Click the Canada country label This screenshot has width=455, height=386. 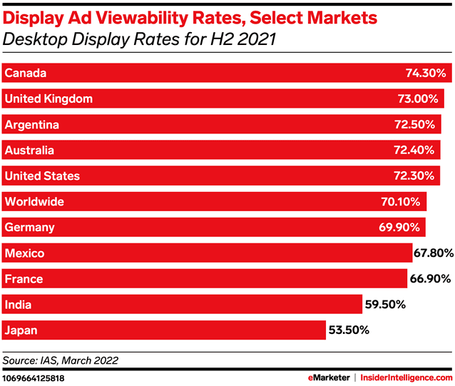tap(26, 73)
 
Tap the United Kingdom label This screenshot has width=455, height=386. tap(48, 98)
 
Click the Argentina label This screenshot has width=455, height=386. tap(31, 125)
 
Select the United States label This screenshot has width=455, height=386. tap(42, 176)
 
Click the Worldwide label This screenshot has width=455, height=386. tap(34, 202)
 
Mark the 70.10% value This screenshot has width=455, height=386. tap(401, 202)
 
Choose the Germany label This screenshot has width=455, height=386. tap(29, 228)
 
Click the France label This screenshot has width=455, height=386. tap(24, 279)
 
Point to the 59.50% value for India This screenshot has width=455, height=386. tap(386, 305)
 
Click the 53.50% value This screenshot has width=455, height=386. tap(347, 330)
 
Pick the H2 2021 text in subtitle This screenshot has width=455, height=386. tap(245, 40)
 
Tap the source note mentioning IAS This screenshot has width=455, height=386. tap(61, 360)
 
